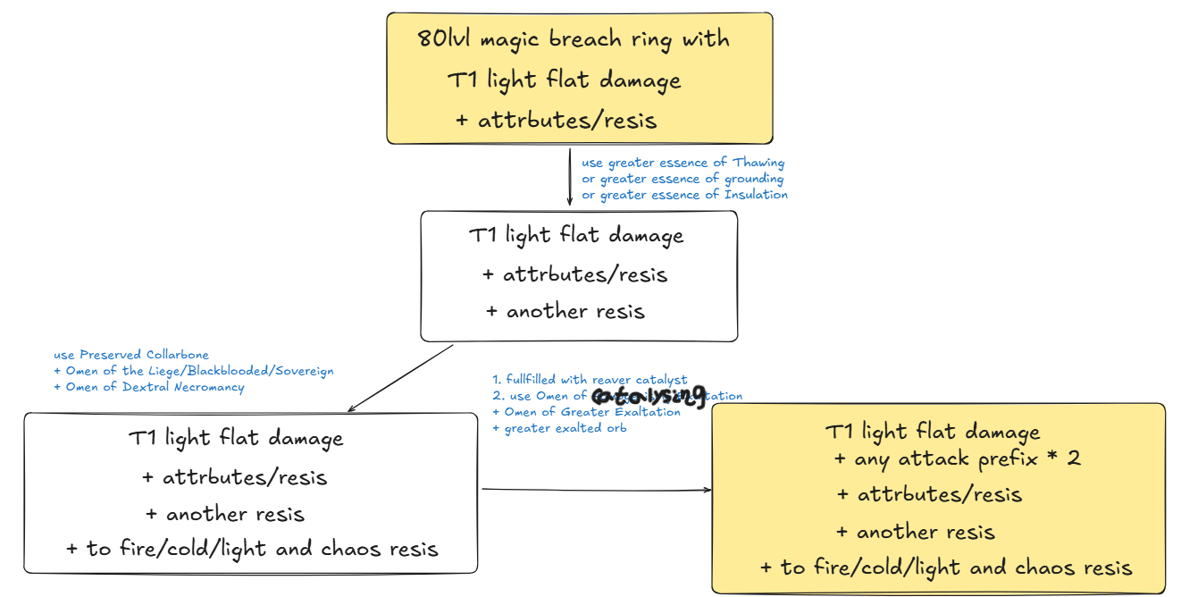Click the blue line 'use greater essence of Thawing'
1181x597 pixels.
click(683, 163)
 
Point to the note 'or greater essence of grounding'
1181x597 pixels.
click(683, 179)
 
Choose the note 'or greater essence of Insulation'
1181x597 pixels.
click(684, 195)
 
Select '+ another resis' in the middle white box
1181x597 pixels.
click(565, 312)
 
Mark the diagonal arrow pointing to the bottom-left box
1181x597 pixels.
click(401, 378)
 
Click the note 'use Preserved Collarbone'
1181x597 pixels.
click(131, 355)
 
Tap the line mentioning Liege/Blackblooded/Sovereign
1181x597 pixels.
click(193, 371)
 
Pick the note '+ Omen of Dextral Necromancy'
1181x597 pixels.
click(148, 387)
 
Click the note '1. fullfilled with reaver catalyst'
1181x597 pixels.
click(590, 380)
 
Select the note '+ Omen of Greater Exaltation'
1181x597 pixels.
click(586, 412)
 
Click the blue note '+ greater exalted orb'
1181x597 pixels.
click(559, 428)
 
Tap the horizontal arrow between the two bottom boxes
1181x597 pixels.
click(596, 490)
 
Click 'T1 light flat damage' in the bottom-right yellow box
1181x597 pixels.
click(932, 433)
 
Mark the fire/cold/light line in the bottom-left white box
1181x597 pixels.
click(252, 549)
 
